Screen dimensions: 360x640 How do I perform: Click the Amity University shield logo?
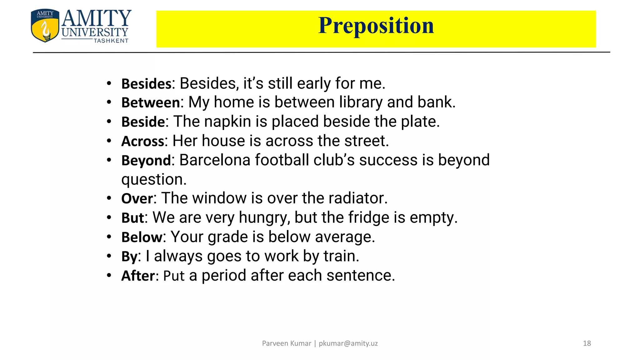click(x=45, y=26)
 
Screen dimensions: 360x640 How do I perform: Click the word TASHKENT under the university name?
click(x=111, y=41)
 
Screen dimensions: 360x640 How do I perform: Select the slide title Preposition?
click(x=376, y=26)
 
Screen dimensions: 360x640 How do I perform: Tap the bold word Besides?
click(x=146, y=84)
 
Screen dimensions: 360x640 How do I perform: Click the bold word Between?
click(x=151, y=103)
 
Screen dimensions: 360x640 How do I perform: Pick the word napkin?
click(x=227, y=122)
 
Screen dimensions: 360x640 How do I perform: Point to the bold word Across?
click(x=142, y=141)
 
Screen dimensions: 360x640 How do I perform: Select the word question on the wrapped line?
click(x=154, y=180)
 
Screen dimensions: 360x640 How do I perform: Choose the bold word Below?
click(x=142, y=237)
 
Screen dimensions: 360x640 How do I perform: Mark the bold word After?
click(x=138, y=276)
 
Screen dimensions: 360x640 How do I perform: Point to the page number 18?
click(x=587, y=343)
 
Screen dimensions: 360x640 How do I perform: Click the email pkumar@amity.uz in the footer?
click(x=348, y=343)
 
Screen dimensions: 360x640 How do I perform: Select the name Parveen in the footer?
click(x=274, y=343)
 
